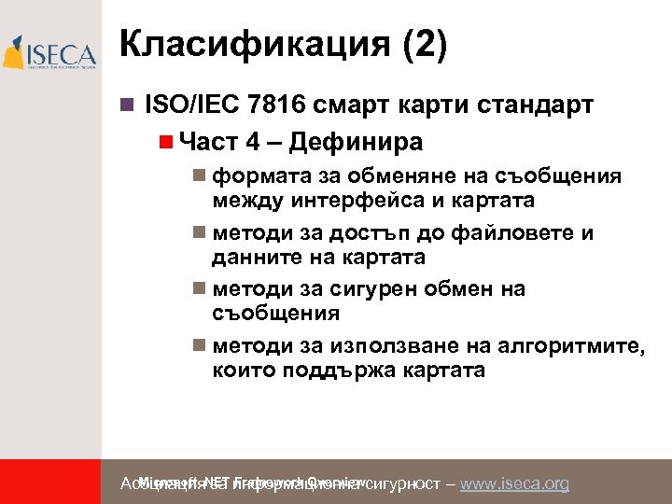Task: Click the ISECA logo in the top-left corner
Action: [x=50, y=53]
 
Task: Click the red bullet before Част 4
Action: [x=165, y=142]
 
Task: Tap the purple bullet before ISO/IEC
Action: [x=128, y=105]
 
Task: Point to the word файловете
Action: [x=514, y=232]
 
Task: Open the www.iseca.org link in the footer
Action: [x=515, y=483]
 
